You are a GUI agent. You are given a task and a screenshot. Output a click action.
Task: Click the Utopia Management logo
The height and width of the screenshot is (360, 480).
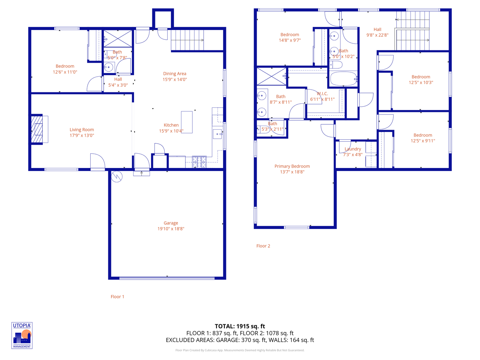pyautogui.click(x=22, y=335)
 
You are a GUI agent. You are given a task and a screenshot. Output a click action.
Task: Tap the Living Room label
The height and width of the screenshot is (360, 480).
pyautogui.click(x=82, y=130)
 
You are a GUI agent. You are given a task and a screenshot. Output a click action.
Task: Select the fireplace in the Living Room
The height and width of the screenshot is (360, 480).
pyautogui.click(x=37, y=129)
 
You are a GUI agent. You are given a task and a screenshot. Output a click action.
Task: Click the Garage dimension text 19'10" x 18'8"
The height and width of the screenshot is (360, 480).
pyautogui.click(x=171, y=229)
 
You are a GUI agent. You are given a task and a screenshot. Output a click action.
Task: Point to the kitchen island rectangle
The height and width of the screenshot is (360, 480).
pyautogui.click(x=187, y=122)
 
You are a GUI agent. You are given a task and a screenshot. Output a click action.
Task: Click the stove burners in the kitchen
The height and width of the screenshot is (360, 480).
pyautogui.click(x=199, y=162)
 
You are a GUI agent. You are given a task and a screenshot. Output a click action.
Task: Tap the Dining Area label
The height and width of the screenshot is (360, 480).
pyautogui.click(x=175, y=74)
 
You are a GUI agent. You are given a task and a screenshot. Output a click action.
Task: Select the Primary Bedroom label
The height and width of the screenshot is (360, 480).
pyautogui.click(x=292, y=166)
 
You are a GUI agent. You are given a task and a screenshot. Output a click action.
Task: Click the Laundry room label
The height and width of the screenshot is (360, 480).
pyautogui.click(x=353, y=149)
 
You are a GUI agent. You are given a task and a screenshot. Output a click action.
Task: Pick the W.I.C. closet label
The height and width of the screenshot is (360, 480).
pyautogui.click(x=322, y=94)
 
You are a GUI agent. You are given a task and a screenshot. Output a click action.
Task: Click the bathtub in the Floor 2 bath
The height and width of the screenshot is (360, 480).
pyautogui.click(x=343, y=79)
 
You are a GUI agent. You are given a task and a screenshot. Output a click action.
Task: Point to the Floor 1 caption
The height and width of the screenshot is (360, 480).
pyautogui.click(x=117, y=297)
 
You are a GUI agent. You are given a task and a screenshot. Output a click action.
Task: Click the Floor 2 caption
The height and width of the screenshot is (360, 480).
pyautogui.click(x=263, y=246)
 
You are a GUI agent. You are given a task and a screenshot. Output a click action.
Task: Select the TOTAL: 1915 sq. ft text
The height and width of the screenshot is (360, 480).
pyautogui.click(x=240, y=326)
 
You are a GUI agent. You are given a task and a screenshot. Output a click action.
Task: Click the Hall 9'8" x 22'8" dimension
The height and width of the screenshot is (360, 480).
pyautogui.click(x=377, y=35)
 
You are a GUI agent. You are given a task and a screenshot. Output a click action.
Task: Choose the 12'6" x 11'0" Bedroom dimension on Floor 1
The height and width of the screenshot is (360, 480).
pyautogui.click(x=65, y=72)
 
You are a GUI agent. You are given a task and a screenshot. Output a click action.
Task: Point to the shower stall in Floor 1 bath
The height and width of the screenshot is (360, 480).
pyautogui.click(x=118, y=38)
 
